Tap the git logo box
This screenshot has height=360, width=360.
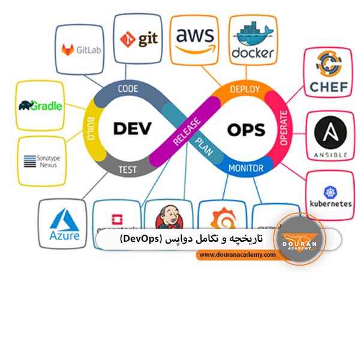(x=138, y=39)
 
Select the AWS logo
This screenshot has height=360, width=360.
(x=195, y=39)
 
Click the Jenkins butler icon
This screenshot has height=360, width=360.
(x=166, y=217)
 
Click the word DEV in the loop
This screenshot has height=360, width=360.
(x=134, y=128)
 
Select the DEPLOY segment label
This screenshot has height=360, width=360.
(x=245, y=89)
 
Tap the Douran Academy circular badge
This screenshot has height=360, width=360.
(x=298, y=239)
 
